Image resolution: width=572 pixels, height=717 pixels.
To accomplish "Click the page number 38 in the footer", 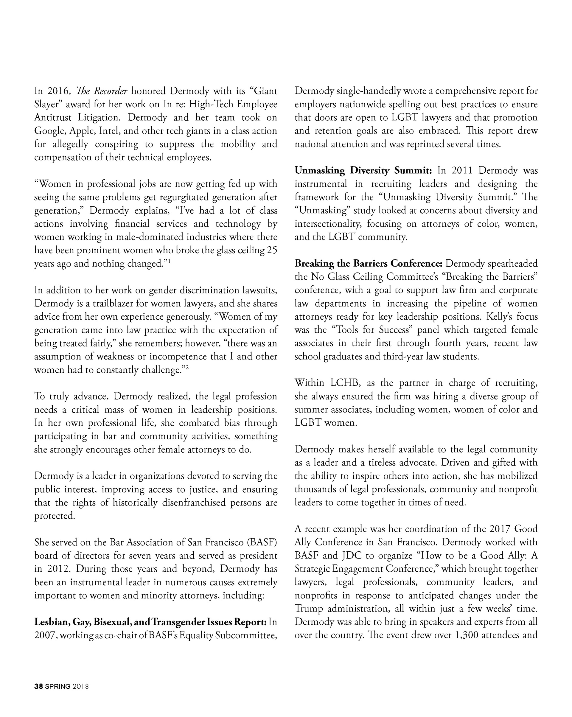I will (38, 686).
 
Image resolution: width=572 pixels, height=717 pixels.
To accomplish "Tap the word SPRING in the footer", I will (58, 686).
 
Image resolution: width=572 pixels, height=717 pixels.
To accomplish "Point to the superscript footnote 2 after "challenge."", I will (187, 368).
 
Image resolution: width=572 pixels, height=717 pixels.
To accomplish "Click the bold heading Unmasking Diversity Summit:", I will (363, 171).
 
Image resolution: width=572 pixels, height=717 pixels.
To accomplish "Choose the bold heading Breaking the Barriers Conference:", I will (368, 263).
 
